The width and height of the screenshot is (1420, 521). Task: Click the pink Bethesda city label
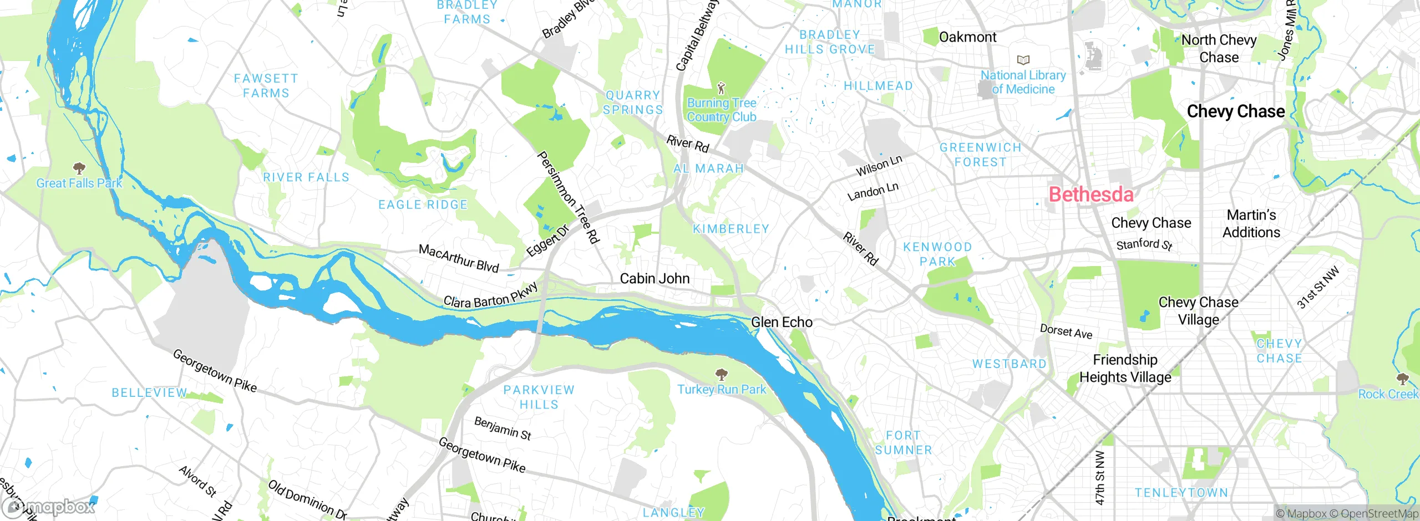(1091, 195)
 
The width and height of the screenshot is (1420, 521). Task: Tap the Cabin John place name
(655, 278)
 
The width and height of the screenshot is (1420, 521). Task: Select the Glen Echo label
(782, 322)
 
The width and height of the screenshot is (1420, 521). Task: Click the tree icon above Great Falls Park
(79, 167)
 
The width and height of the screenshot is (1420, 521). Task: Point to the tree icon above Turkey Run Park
(721, 374)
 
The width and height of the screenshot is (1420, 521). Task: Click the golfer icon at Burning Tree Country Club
(721, 88)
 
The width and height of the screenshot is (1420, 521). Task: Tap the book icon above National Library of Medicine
(1023, 60)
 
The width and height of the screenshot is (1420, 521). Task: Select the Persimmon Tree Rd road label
(569, 197)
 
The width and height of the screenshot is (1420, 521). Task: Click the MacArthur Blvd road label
(459, 258)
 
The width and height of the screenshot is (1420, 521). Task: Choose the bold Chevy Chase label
(1235, 111)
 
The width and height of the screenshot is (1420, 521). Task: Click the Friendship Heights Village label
(1125, 369)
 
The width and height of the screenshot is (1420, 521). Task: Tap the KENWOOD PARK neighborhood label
(937, 254)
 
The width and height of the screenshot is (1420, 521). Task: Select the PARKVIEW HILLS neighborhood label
(539, 397)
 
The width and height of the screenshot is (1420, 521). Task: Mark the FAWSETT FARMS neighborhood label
(266, 86)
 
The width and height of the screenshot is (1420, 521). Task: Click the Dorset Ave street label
(1066, 331)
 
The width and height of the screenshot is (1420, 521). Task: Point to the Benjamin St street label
(503, 428)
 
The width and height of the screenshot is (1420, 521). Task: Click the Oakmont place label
(967, 37)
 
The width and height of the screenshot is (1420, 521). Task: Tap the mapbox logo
(49, 507)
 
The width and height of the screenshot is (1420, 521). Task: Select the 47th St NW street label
(1100, 477)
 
